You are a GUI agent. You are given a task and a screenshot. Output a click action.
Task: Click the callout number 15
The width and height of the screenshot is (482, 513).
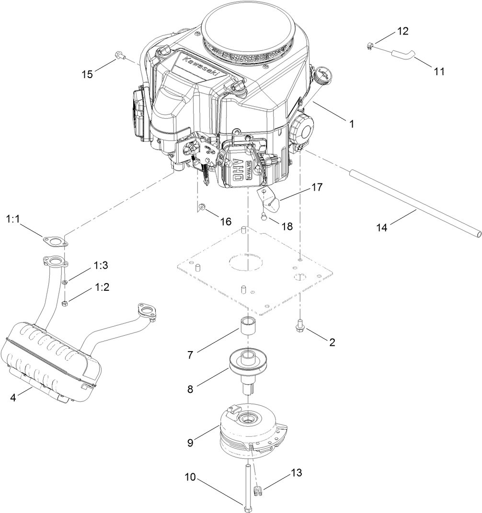87,74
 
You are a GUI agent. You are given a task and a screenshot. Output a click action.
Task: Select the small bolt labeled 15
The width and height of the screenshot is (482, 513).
119,57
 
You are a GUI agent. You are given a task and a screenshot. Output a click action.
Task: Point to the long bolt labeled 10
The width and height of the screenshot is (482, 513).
248,484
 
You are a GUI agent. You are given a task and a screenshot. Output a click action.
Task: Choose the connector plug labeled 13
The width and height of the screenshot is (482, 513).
257,490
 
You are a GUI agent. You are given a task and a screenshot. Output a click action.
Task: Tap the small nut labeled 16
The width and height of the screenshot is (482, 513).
203,207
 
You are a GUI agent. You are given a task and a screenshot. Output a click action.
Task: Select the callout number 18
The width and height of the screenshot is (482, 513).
287,226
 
